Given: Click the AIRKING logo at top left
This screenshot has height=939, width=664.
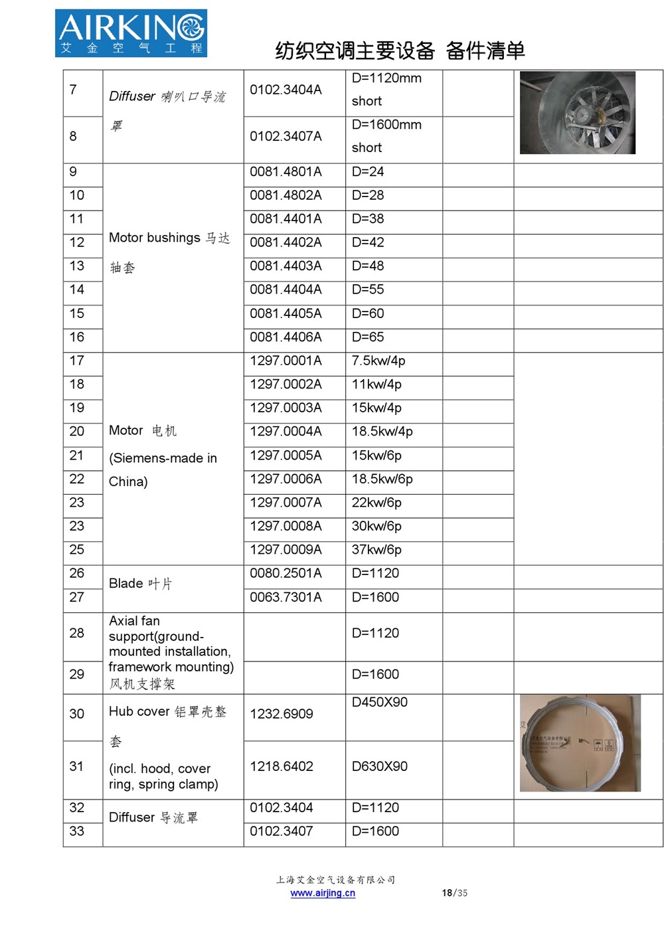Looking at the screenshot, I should coord(131,33).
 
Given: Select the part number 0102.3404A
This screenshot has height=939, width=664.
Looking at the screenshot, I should coord(286,90).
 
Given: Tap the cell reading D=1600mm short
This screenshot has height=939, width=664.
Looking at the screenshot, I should coord(386,136).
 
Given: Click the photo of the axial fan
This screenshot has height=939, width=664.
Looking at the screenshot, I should coord(577,113).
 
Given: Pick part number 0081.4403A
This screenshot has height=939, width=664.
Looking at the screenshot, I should coord(286,266).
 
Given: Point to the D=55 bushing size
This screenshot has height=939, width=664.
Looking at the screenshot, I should coord(368,290).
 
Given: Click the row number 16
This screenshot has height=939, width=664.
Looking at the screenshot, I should coord(77,337).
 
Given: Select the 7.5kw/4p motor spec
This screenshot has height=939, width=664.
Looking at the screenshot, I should coord(378,361).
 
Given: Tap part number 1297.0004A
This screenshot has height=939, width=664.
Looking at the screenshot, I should coord(286,432).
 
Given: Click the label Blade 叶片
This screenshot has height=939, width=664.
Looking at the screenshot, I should coord(140,584).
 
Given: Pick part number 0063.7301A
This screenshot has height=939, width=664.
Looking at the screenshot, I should coord(286,598).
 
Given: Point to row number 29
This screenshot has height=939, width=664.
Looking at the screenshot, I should coord(77,675).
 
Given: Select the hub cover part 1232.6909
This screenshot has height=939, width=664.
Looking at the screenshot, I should coord(282,714).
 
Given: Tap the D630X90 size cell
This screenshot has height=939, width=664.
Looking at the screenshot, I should coord(380,766).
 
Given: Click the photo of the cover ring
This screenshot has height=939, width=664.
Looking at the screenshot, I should coord(580,743).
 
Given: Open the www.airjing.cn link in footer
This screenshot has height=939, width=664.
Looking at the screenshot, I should coord(323,893).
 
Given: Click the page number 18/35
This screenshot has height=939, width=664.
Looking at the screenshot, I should coord(454,893).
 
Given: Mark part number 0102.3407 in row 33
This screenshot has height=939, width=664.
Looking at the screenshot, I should coord(282,831).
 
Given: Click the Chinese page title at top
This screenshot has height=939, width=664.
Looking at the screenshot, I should coord(400,50).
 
